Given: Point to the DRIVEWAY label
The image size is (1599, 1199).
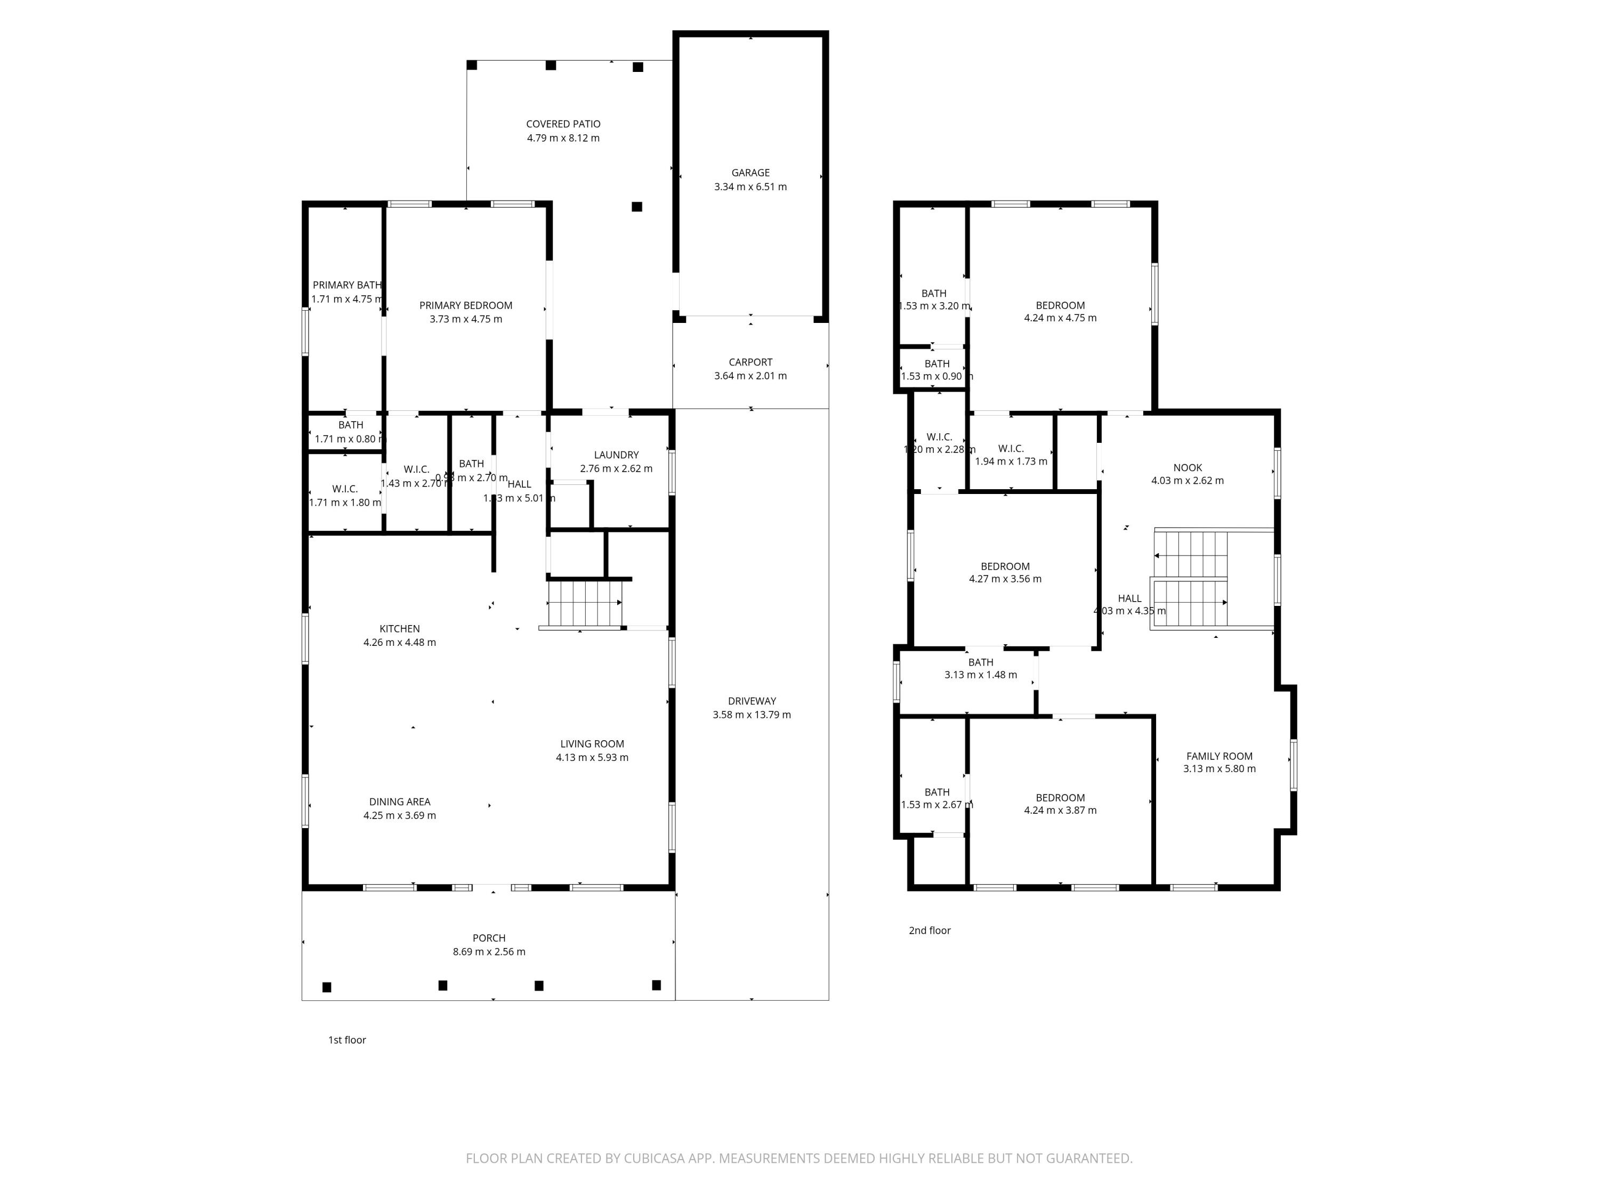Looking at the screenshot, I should tap(751, 701).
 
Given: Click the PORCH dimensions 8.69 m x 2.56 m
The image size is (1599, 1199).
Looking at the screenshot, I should tap(489, 952).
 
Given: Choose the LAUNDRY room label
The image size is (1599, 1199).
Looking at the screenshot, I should tap(616, 455).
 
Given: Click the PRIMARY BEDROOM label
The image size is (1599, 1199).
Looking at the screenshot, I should tap(465, 306).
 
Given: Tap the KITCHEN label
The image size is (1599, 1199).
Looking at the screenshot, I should tap(399, 629).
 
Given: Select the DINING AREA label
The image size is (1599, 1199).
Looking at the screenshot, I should tap(399, 801).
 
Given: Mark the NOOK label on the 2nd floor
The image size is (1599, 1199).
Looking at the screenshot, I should tap(1187, 467).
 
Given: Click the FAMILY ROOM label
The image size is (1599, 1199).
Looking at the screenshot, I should tap(1219, 756).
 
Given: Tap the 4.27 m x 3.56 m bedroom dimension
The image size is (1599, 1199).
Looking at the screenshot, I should tap(1005, 579).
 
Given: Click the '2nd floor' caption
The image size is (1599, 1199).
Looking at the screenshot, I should tap(929, 930).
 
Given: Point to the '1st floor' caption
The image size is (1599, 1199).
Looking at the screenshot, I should tap(347, 1040).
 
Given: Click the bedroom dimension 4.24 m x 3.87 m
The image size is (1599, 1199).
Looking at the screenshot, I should tap(1060, 810).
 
